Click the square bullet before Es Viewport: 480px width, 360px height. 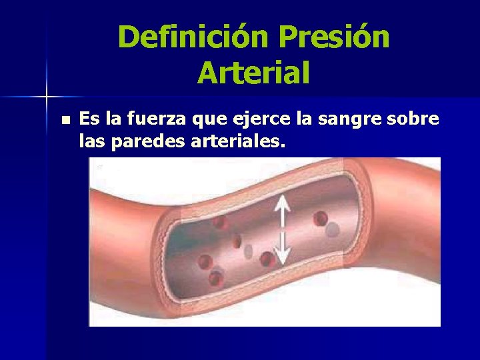(64, 121)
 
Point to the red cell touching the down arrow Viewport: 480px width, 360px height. (267, 259)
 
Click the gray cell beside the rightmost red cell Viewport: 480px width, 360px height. (333, 229)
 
